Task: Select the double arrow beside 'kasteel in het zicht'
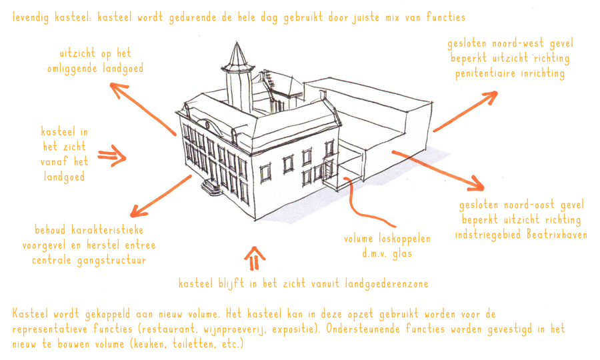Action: [112, 157]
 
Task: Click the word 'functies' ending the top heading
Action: [444, 17]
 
